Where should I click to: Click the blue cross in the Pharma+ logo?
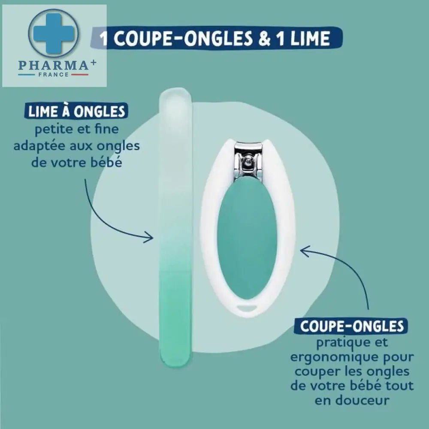[54, 33]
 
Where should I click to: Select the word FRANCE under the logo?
[53, 74]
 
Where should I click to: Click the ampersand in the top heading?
[264, 38]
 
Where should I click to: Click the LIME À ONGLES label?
[76, 111]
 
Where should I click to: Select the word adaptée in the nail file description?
[39, 146]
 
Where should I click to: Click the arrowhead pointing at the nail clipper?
[305, 251]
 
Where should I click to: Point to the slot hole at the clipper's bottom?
[247, 308]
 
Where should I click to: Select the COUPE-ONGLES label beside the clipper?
[351, 326]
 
